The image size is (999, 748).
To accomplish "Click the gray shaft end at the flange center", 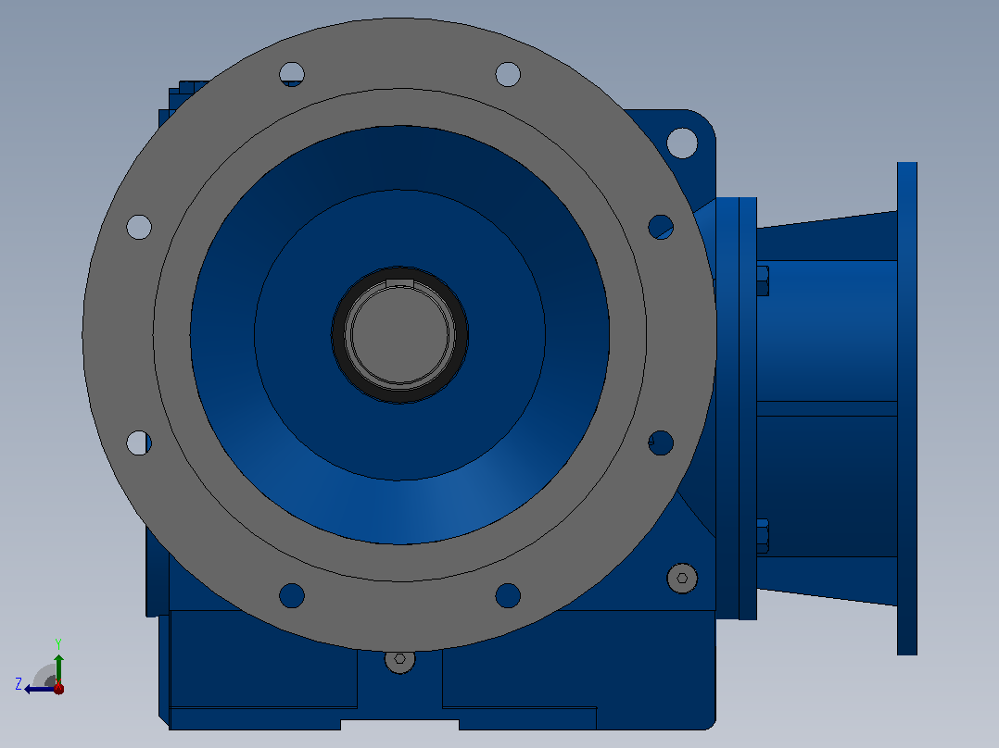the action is point(399,335).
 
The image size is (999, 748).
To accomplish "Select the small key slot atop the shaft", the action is point(399,282).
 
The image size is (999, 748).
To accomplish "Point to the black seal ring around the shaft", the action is point(399,335).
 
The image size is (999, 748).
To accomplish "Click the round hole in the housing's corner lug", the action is point(682,143).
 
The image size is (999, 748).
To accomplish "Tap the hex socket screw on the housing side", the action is point(682,578).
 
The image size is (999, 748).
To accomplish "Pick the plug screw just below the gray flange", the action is point(400,660).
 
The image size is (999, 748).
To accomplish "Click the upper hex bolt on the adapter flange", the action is point(763,280).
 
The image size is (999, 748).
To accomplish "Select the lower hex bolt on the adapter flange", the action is point(763,536).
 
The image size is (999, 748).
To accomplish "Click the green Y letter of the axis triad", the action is point(58,643).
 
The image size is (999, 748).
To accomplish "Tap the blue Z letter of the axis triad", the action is point(19,684).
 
